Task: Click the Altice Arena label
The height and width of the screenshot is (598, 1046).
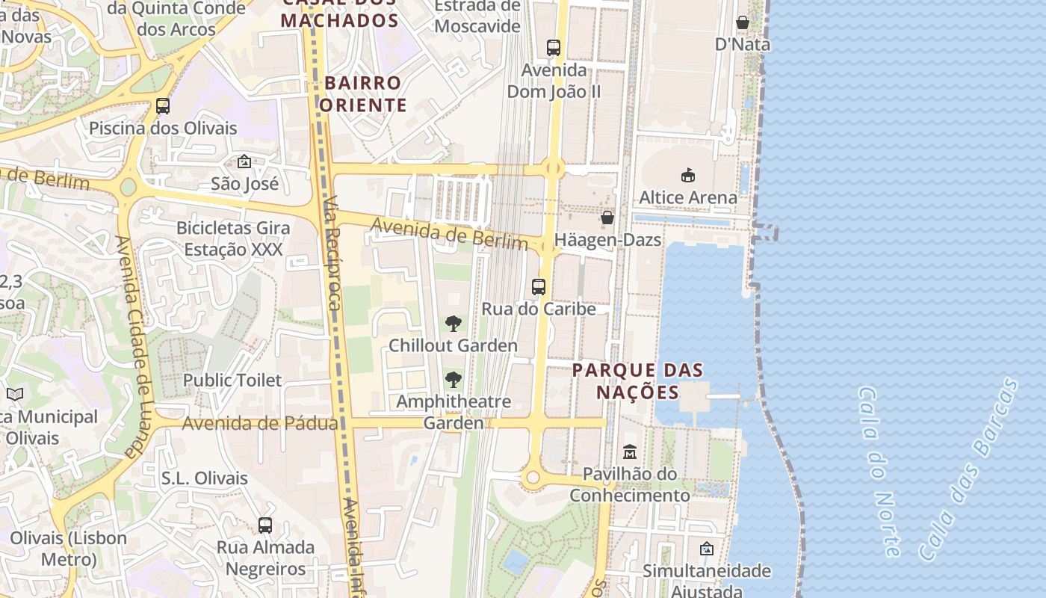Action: (x=687, y=197)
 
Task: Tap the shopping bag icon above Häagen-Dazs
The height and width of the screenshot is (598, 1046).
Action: (x=607, y=218)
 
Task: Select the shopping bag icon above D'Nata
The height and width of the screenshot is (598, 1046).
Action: (x=742, y=22)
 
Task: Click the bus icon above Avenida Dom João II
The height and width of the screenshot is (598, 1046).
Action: (x=553, y=48)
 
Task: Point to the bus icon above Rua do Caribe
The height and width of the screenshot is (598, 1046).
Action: (x=538, y=286)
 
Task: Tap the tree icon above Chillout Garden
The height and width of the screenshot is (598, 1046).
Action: (x=453, y=324)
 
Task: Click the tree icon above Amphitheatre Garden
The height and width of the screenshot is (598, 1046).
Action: (x=453, y=379)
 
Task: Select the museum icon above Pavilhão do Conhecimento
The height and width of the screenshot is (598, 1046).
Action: (x=629, y=452)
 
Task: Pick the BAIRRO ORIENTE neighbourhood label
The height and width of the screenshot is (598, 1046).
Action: (x=363, y=93)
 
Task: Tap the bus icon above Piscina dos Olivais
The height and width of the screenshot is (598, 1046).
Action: (x=163, y=106)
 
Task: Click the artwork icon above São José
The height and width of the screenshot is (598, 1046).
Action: (x=244, y=161)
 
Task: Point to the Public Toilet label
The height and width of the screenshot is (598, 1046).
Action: (x=232, y=380)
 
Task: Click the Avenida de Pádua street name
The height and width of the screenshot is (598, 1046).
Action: (x=260, y=424)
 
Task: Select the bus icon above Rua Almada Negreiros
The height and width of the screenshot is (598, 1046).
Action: (x=265, y=525)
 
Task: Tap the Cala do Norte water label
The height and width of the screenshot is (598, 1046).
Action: (x=879, y=472)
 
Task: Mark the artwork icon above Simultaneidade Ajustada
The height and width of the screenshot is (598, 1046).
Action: (x=706, y=549)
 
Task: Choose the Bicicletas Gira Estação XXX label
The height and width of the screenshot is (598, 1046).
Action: (x=230, y=238)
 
